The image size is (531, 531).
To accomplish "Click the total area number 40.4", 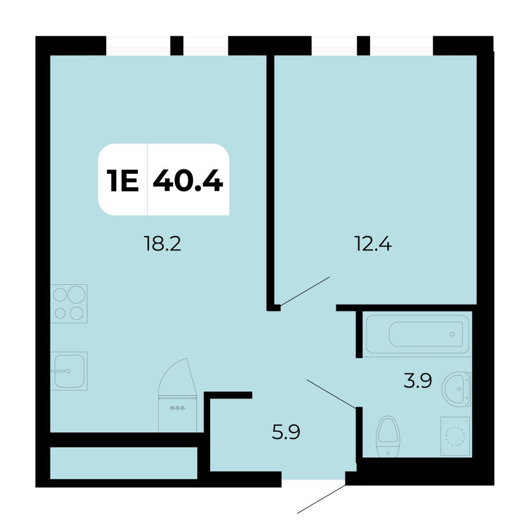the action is click(x=188, y=180).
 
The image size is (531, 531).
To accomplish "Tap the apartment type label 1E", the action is click(x=122, y=180).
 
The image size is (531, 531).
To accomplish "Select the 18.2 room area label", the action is click(x=163, y=244).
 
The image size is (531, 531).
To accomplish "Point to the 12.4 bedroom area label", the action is click(x=373, y=244).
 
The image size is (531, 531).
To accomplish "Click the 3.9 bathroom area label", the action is click(x=418, y=381).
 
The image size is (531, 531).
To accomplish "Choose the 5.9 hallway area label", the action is click(x=286, y=432).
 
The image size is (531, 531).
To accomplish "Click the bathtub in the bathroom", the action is click(x=418, y=334).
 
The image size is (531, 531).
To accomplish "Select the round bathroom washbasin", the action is click(x=457, y=389).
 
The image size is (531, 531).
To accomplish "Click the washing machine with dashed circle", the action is click(x=455, y=436).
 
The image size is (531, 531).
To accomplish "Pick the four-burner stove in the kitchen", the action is click(x=69, y=304).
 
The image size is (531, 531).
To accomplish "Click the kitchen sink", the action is click(x=69, y=371).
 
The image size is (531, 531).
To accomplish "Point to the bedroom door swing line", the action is click(x=305, y=292).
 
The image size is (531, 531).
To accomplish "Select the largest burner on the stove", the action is click(x=76, y=294).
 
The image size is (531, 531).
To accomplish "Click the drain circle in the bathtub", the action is click(x=452, y=334).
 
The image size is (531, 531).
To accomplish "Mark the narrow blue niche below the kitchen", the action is click(x=124, y=463).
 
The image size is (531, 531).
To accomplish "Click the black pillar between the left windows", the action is click(x=177, y=45).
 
